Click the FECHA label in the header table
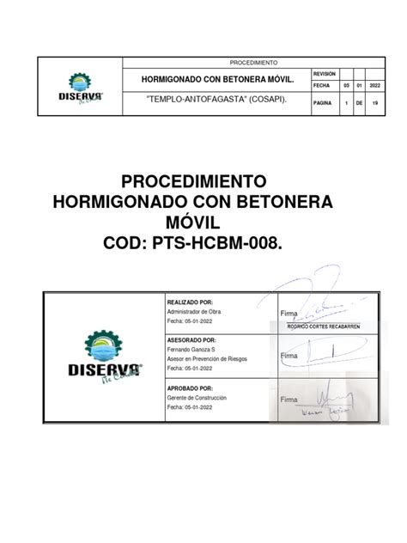coord(322,86)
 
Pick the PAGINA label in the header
coord(323,102)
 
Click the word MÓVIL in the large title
coord(203,224)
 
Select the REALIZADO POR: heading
coord(190,302)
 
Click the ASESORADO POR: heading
coord(191,339)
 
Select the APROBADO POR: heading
coord(191,387)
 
